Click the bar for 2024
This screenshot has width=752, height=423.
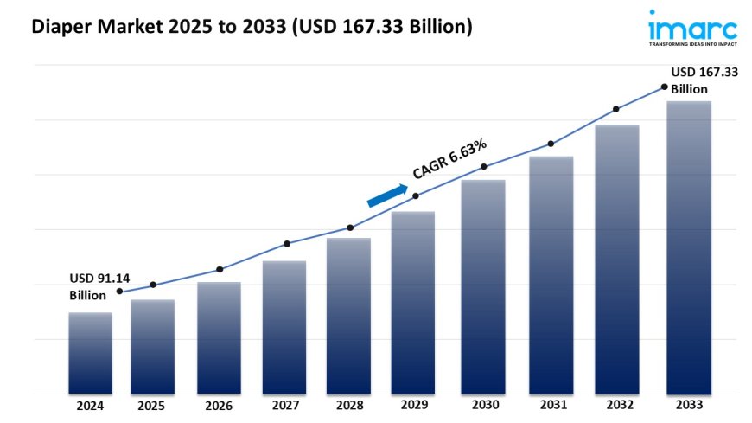click(91, 353)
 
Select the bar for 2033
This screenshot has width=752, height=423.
click(689, 247)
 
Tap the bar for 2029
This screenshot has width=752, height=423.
click(413, 303)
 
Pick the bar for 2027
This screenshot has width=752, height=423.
click(284, 327)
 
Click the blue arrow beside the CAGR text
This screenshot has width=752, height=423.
click(387, 195)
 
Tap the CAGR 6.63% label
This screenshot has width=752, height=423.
click(449, 158)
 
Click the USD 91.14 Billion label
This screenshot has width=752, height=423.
click(99, 287)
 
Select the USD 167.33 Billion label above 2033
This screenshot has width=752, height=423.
click(704, 81)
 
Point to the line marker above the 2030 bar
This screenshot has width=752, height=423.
click(484, 166)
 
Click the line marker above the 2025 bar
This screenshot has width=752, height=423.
click(153, 285)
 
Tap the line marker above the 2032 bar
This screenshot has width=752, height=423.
click(616, 109)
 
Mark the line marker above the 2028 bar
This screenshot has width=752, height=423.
click(350, 228)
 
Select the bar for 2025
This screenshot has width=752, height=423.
click(153, 346)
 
